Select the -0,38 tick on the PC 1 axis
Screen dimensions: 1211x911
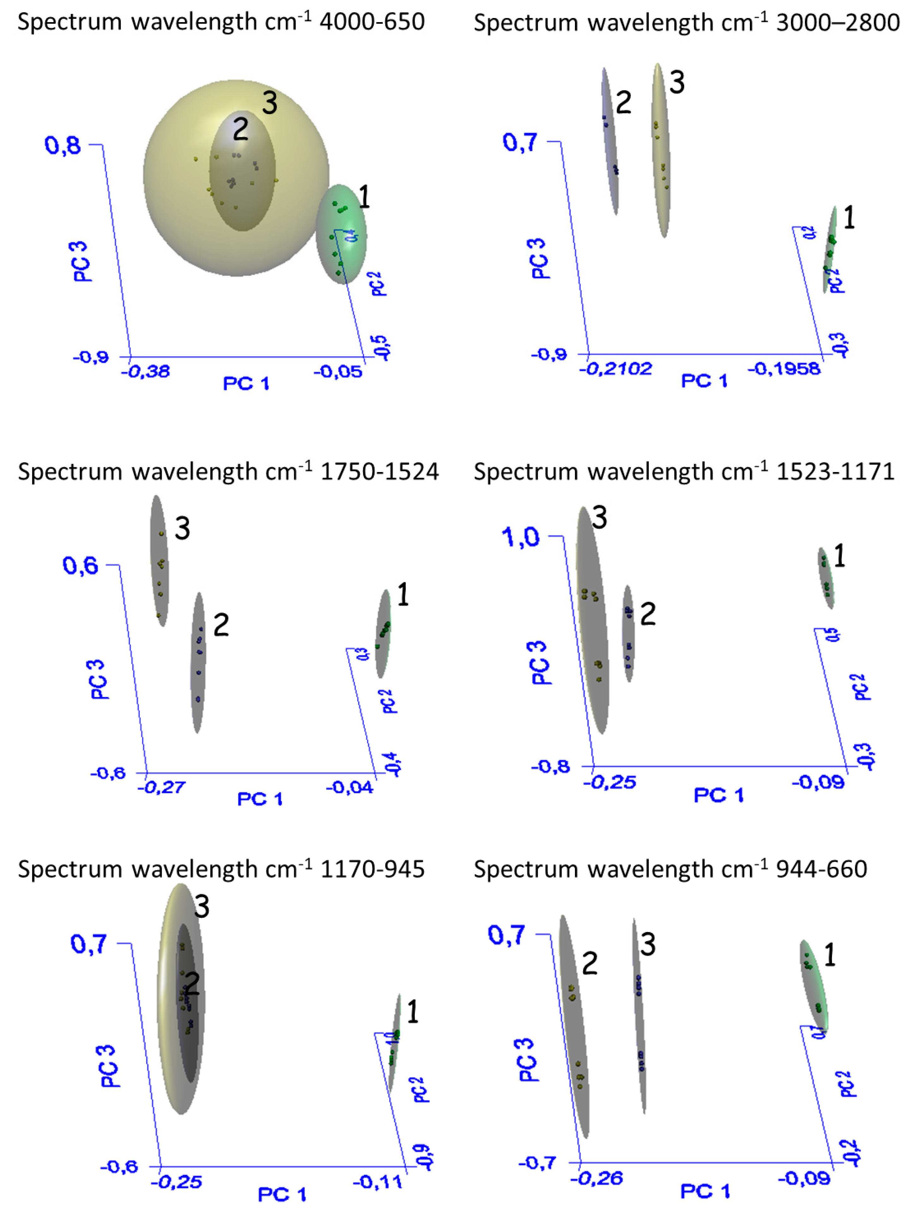tap(145, 372)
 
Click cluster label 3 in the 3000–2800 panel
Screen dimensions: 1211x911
tap(677, 83)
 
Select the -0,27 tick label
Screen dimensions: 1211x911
tap(161, 788)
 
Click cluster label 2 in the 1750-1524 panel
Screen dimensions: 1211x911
tap(220, 625)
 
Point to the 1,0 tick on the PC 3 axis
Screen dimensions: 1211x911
tap(521, 537)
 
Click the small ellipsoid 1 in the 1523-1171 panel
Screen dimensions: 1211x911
tap(826, 578)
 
